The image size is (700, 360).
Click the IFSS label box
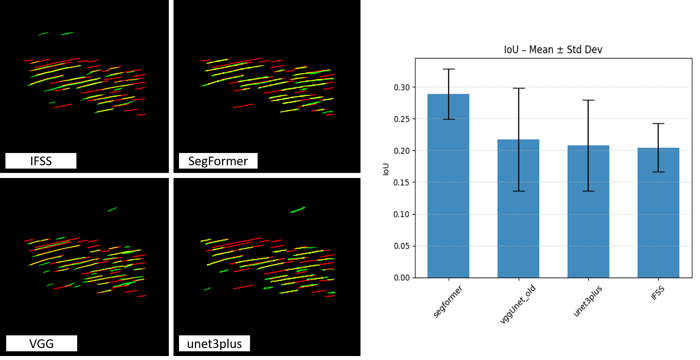click(x=41, y=161)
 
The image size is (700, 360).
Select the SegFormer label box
click(x=218, y=161)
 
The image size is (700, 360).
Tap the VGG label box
click(x=42, y=343)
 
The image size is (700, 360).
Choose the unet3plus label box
click(x=214, y=343)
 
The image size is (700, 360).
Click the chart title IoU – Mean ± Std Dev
click(x=553, y=49)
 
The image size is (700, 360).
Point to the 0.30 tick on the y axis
click(x=402, y=87)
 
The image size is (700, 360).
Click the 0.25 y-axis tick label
click(x=402, y=119)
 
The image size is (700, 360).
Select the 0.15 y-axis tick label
click(x=402, y=182)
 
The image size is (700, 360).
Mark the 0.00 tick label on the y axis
click(x=402, y=278)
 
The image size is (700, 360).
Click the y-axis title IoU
click(x=386, y=169)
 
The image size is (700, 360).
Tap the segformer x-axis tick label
click(x=448, y=301)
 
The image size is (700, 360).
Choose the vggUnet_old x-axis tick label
click(x=517, y=304)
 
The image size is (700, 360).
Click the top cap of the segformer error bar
click(x=449, y=69)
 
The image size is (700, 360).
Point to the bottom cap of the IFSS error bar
click(x=658, y=172)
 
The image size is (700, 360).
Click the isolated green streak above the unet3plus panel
click(x=297, y=210)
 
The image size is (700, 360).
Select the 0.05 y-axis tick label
click(x=402, y=246)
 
